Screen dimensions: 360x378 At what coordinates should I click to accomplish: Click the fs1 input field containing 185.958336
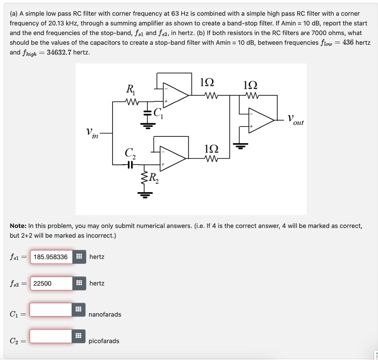pos(51,257)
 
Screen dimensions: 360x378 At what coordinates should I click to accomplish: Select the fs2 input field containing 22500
pos(51,283)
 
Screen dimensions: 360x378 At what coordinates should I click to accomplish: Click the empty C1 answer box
pos(51,309)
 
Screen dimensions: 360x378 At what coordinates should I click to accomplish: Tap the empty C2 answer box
pos(51,336)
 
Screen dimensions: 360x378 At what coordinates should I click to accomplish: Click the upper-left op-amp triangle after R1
pos(176,96)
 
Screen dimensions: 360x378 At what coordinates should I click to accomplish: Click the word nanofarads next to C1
pos(105,314)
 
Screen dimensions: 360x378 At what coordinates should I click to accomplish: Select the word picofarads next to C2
pos(104,341)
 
